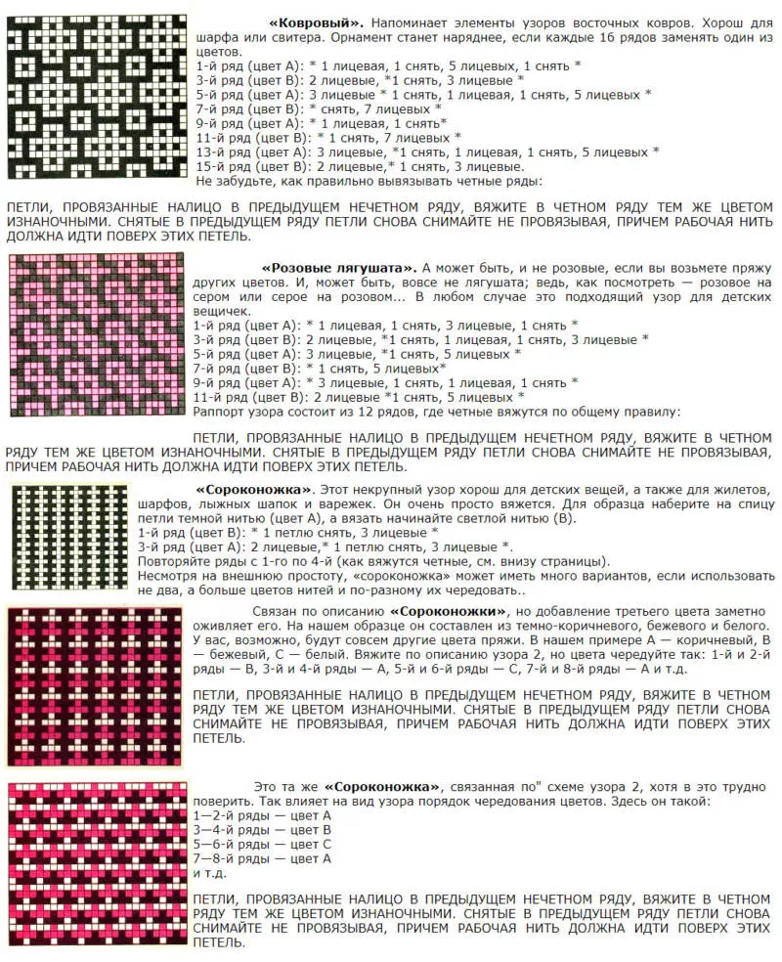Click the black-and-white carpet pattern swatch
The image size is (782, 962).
pyautogui.click(x=95, y=96)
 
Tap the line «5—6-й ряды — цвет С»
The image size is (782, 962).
pyautogui.click(x=263, y=844)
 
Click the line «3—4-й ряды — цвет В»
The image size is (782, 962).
pyautogui.click(x=263, y=829)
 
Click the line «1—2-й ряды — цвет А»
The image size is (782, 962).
pyautogui.click(x=263, y=814)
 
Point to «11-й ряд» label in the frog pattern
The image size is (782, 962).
pyautogui.click(x=220, y=398)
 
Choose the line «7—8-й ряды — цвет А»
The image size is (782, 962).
pyautogui.click(x=263, y=858)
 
